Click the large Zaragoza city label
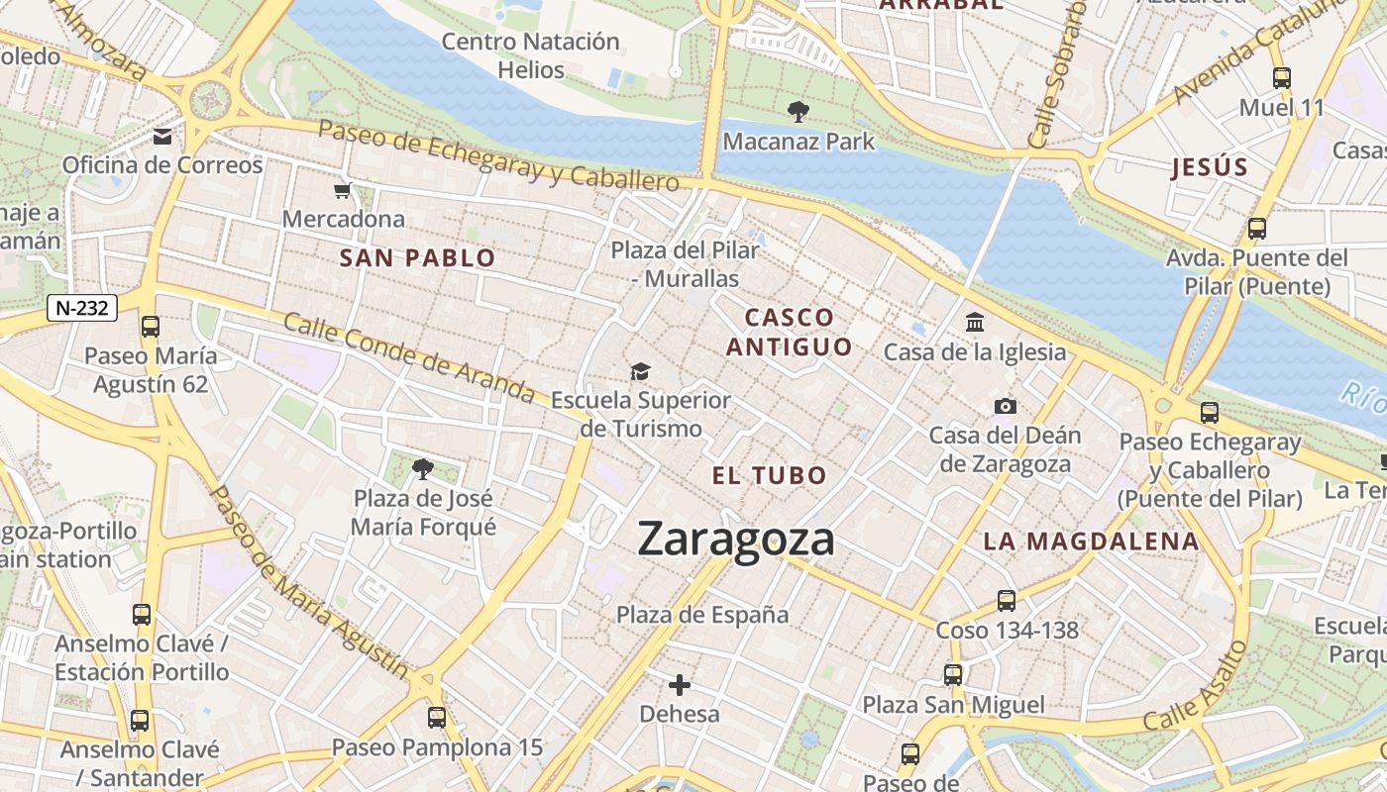pos(736,540)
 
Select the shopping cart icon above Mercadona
pos(343,190)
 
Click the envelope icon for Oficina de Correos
pos(161,136)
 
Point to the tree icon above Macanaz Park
pos(798,111)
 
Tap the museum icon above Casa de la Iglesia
pos(975,323)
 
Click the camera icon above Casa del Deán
pos(1005,406)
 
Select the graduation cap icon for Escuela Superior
pos(641,371)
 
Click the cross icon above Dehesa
pos(680,684)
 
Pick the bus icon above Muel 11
pos(1281,77)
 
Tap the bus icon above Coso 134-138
pos(1007,600)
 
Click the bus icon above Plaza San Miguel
pos(953,675)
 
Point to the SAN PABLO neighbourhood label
pos(417,259)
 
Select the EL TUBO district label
pos(769,475)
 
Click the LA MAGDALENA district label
pos(1091,542)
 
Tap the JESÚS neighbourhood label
pos(1210,167)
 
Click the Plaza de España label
pos(702,615)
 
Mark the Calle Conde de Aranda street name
pos(408,357)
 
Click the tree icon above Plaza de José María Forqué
pos(423,467)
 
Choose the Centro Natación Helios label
pos(530,55)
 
